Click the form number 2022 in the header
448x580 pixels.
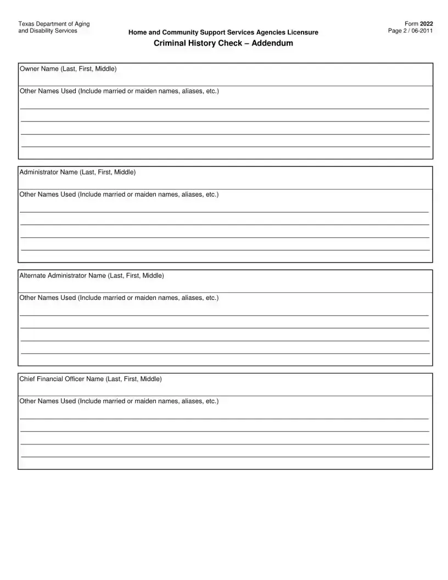click(427, 24)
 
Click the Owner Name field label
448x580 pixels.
click(68, 69)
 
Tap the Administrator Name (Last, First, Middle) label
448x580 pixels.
click(77, 172)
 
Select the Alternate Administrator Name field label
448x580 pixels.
click(91, 275)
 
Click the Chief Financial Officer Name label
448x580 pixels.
click(91, 378)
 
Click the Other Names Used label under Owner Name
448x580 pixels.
click(119, 91)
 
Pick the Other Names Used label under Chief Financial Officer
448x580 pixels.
click(119, 401)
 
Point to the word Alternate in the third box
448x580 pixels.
click(32, 275)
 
